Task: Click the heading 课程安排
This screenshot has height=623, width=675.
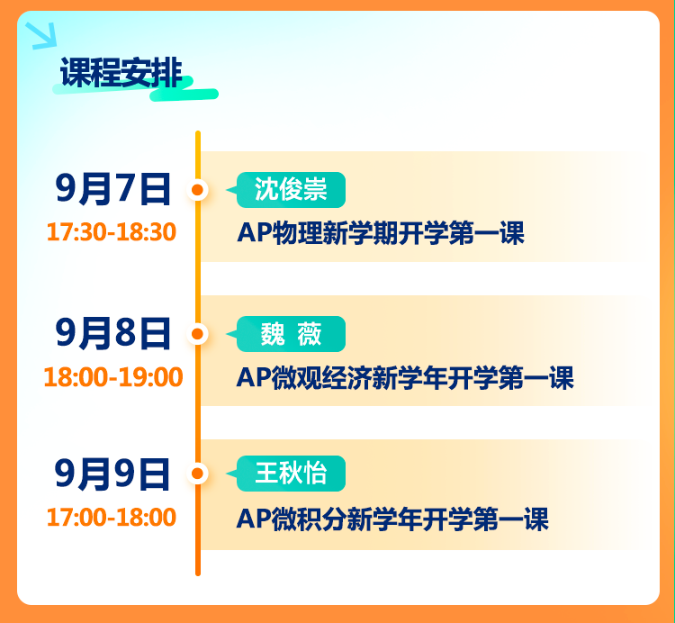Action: point(121,72)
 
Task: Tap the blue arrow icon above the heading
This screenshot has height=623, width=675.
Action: point(41,35)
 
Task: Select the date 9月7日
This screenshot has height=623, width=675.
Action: point(113,189)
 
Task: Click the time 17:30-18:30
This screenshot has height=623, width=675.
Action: point(112,231)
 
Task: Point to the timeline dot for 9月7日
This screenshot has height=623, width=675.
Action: point(198,190)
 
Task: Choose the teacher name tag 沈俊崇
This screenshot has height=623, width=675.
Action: point(291,190)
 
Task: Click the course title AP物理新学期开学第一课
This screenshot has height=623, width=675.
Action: point(381,233)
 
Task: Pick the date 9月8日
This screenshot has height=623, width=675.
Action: point(113,333)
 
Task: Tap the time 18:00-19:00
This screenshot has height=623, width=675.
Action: point(113,376)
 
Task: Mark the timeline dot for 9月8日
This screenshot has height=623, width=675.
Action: point(198,334)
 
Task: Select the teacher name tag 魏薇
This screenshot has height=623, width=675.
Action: point(291,334)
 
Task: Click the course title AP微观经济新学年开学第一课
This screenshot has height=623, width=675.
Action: point(405,377)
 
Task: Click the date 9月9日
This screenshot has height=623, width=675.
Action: point(112,474)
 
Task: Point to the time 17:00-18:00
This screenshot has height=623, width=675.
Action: point(112,517)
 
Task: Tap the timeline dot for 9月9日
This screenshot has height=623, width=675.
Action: point(198,474)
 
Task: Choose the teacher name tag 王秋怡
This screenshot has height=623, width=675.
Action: point(291,474)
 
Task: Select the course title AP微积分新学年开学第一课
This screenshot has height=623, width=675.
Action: point(392,519)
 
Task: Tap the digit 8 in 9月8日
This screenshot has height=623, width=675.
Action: point(126,333)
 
